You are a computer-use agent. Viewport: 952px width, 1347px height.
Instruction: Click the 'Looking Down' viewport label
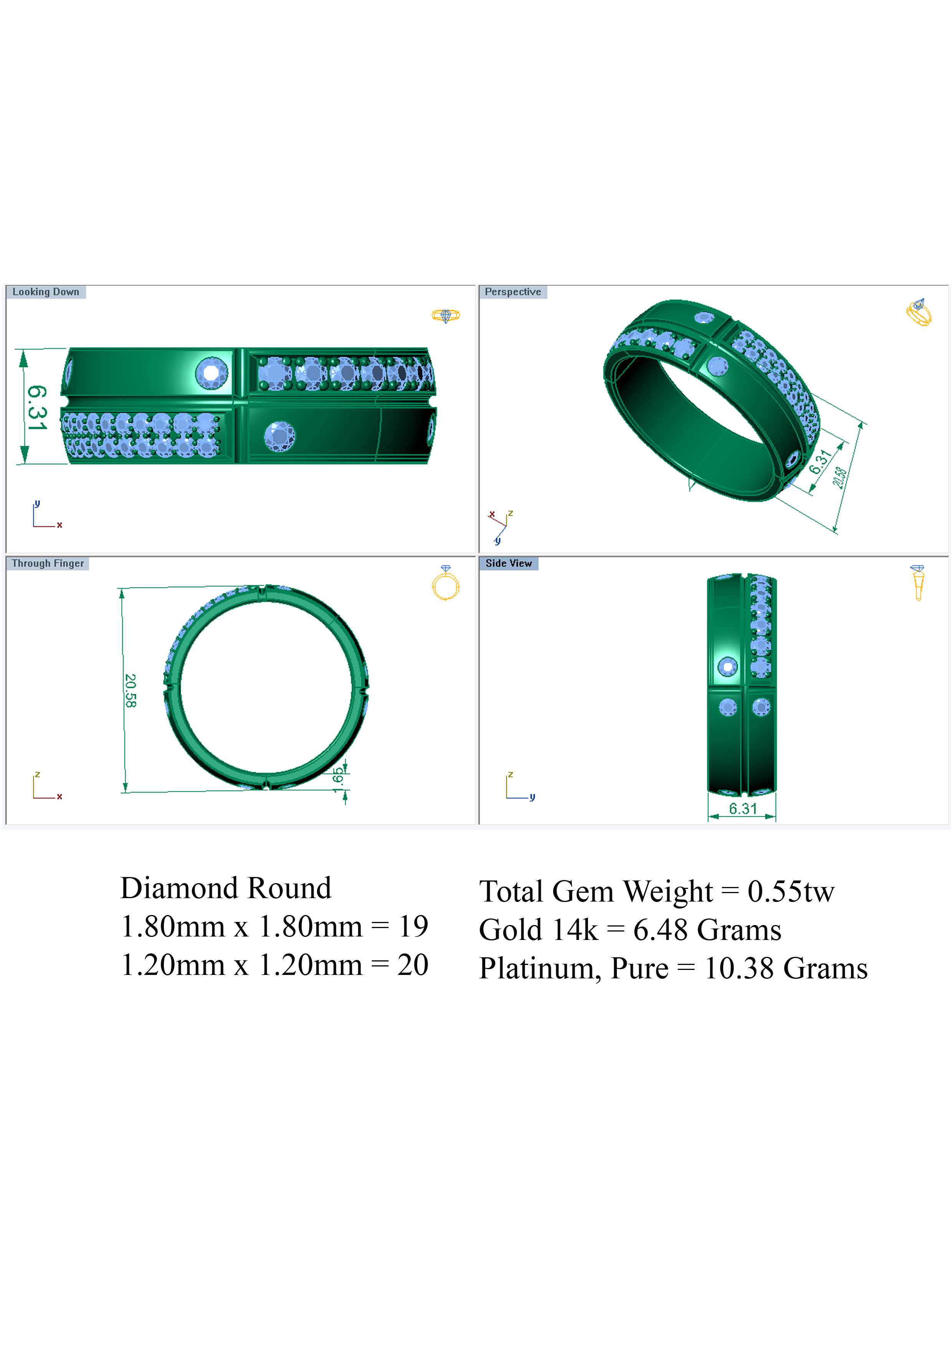click(46, 291)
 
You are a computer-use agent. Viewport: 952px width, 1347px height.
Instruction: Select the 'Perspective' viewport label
click(513, 291)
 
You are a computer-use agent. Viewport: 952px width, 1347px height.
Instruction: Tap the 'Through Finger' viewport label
click(48, 563)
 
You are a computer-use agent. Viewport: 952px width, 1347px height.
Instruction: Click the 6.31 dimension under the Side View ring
click(742, 808)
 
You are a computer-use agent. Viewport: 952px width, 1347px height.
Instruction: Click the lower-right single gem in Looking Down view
click(279, 436)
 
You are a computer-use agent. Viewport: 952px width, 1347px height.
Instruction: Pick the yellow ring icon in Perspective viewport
click(919, 312)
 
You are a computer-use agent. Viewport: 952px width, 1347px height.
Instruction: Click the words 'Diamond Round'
click(226, 888)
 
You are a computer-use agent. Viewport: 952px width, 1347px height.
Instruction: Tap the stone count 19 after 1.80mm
click(413, 927)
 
